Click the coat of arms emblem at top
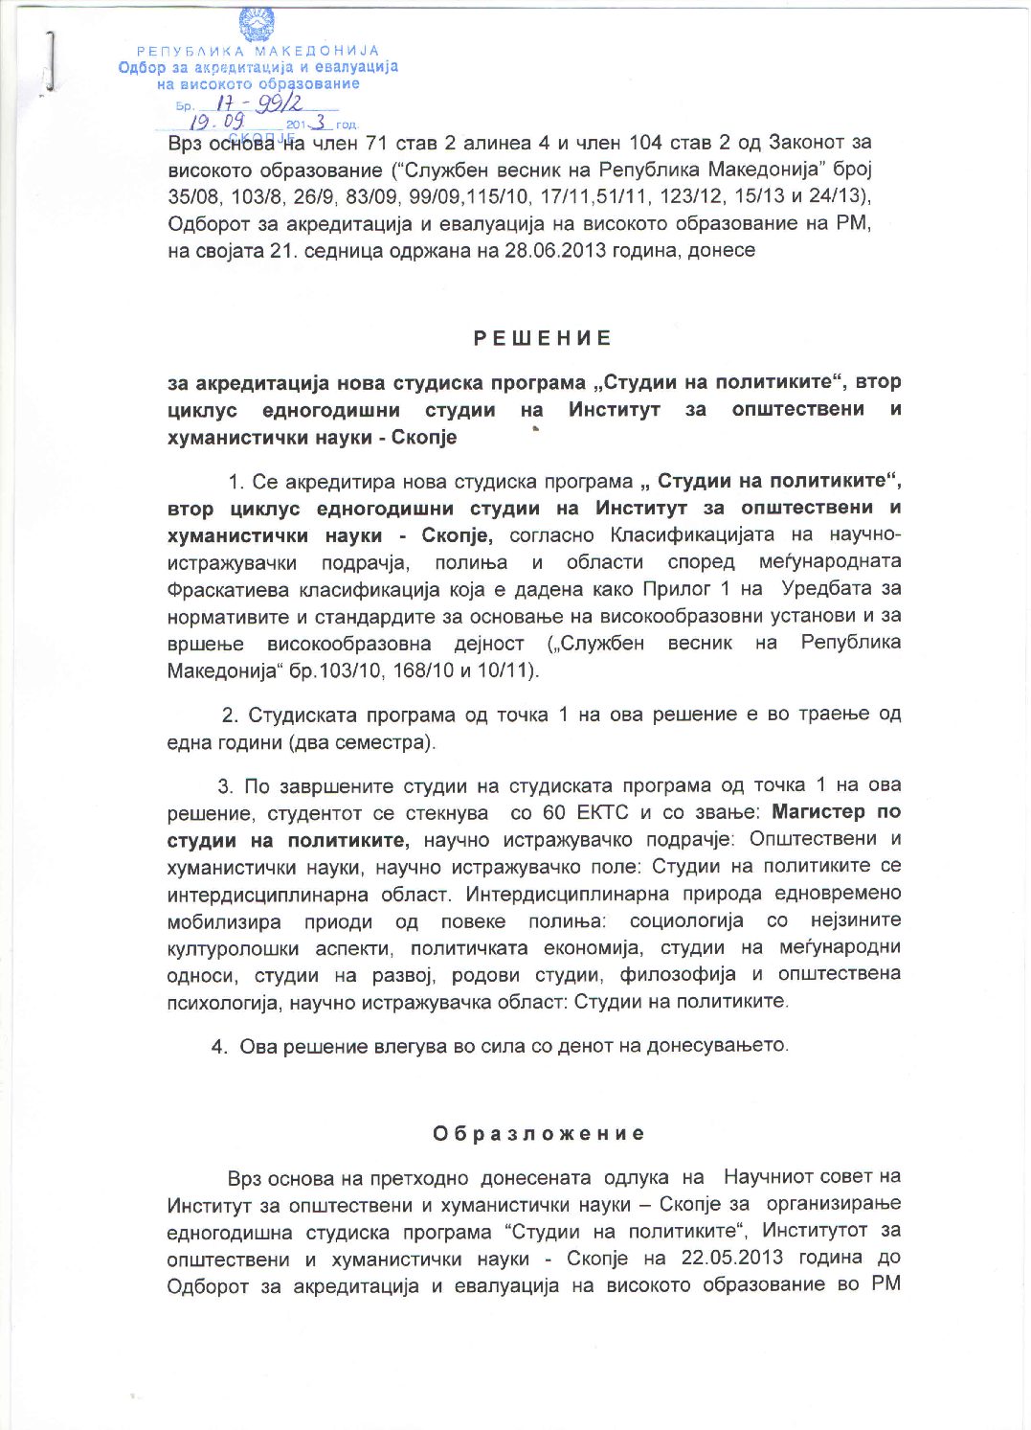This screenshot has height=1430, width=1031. [256, 24]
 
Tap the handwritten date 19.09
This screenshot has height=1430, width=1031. [217, 123]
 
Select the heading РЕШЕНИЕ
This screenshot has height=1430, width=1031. [543, 338]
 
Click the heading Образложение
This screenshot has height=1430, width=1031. [539, 1134]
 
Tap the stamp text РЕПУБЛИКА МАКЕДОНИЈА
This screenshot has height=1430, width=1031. [258, 51]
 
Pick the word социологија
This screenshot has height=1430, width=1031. [686, 920]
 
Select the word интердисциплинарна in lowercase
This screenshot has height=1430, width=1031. [267, 895]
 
